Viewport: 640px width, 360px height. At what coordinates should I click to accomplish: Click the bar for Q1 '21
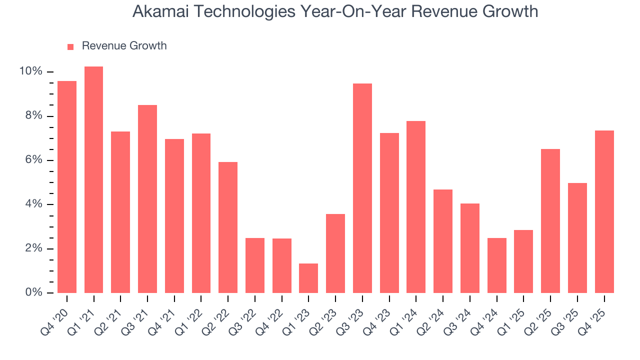click(93, 180)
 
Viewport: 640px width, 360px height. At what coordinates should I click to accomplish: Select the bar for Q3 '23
click(362, 188)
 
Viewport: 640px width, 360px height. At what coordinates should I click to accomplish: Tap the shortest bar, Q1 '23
click(308, 278)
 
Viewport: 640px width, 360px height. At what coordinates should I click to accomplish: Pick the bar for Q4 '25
click(604, 211)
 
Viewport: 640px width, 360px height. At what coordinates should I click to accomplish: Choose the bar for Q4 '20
click(67, 187)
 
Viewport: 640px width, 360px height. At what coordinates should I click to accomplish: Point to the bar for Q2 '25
click(550, 221)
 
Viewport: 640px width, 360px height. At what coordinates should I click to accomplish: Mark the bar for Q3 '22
click(255, 265)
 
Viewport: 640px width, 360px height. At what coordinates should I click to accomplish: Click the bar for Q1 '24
click(416, 207)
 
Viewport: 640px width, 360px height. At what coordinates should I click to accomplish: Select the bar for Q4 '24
click(496, 265)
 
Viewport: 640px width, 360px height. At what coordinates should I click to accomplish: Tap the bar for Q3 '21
click(147, 199)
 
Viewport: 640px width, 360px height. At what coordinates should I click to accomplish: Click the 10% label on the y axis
click(30, 71)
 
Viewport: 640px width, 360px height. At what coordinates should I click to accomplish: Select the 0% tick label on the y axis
click(33, 292)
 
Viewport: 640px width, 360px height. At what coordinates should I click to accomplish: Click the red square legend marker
click(70, 46)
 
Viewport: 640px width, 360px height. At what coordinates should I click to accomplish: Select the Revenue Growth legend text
click(124, 46)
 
